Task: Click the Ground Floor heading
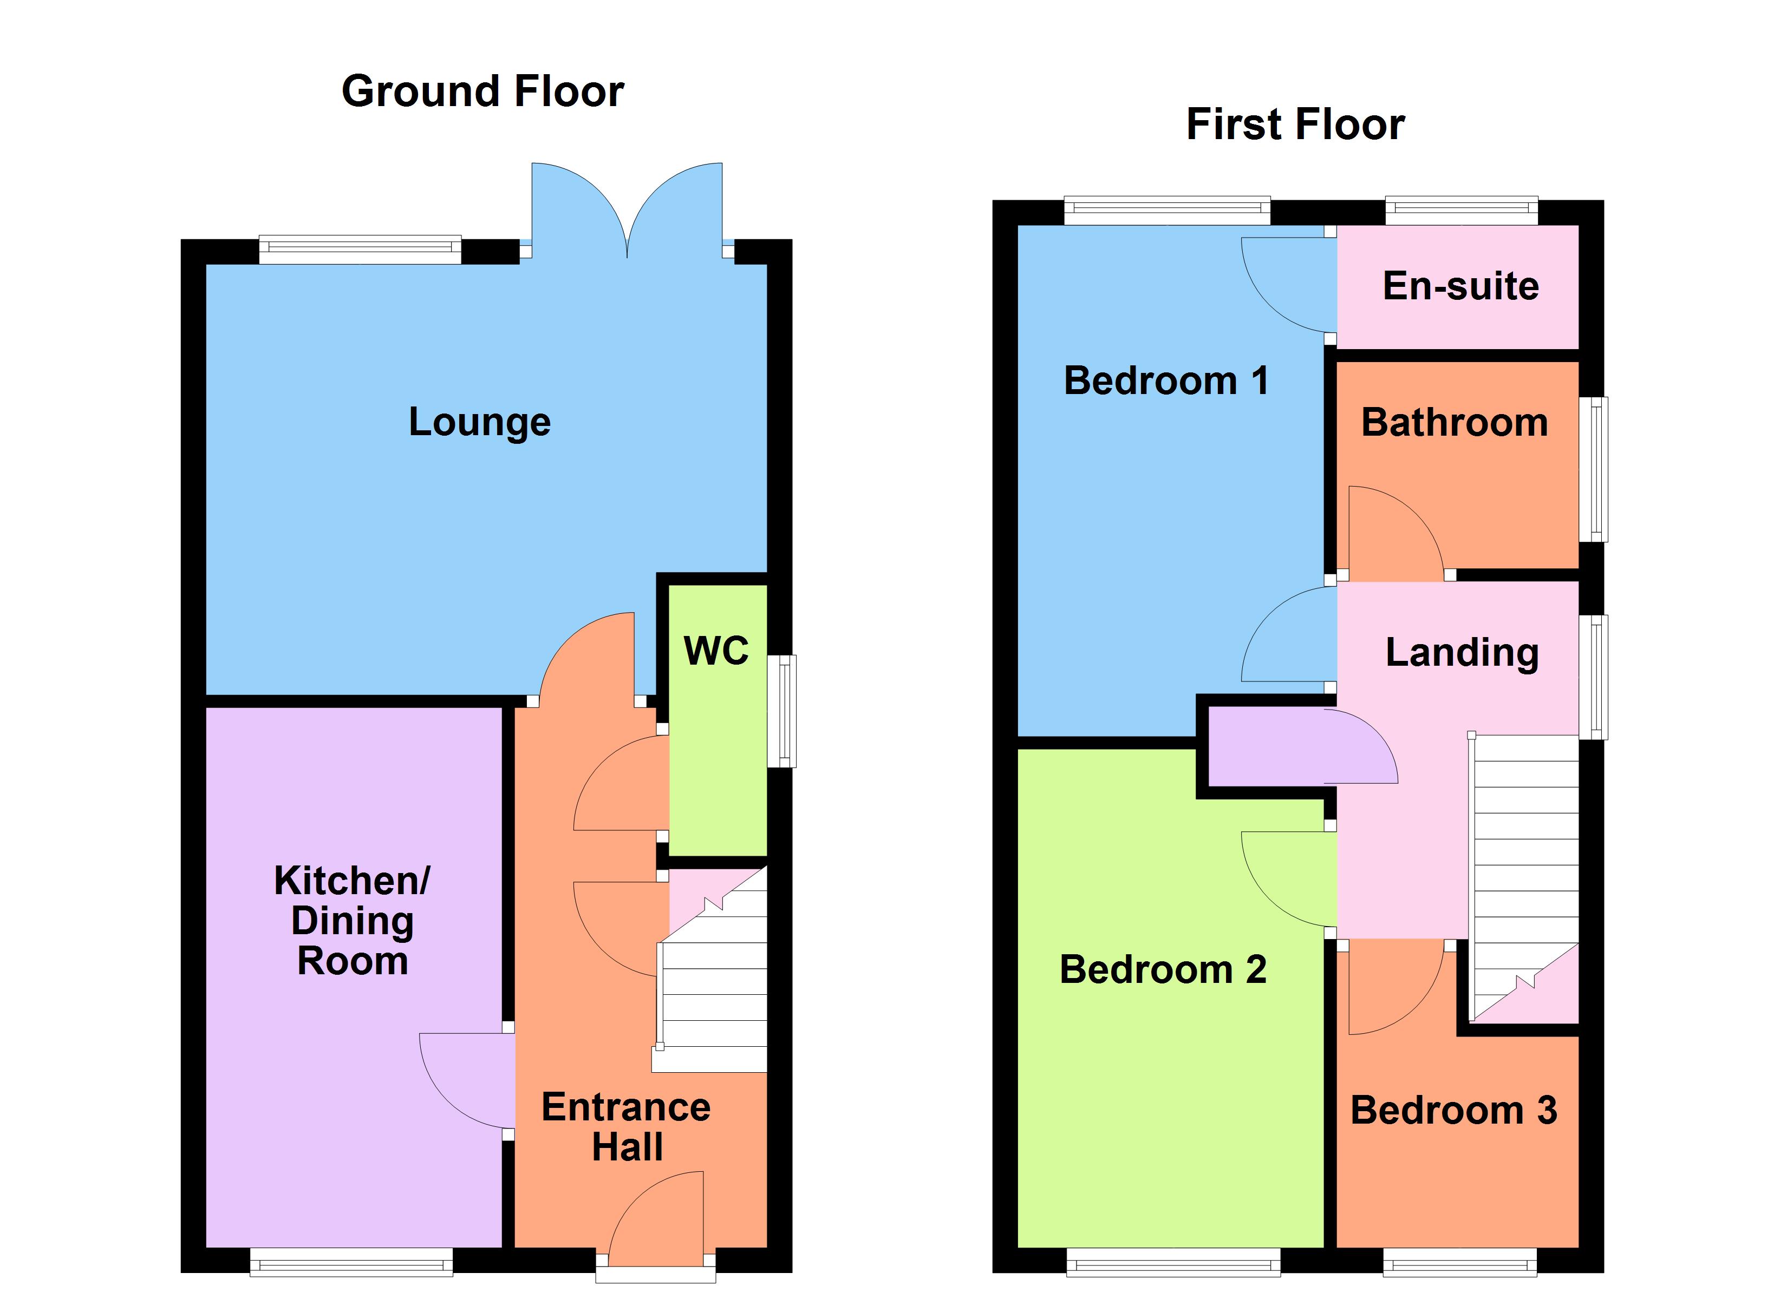482,91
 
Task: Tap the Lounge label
479,422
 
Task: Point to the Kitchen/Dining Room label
352,920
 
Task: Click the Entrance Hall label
627,1126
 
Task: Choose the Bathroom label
1455,423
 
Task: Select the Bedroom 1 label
1166,381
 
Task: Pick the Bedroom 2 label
1163,970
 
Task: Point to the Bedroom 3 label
1454,1111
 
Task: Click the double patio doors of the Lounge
627,209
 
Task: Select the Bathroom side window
1593,469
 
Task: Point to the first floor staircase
1524,867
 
